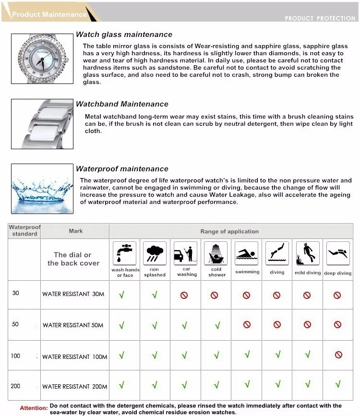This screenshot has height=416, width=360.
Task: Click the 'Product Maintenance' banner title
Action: (x=49, y=14)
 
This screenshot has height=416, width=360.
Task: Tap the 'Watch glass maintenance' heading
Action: (x=124, y=35)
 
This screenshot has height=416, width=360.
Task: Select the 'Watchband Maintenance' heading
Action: (x=122, y=104)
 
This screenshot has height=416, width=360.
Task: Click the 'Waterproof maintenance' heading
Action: (x=122, y=169)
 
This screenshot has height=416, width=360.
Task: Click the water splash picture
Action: (x=42, y=189)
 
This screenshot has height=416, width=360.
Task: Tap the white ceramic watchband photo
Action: (x=42, y=123)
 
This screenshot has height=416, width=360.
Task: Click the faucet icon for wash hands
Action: (x=125, y=253)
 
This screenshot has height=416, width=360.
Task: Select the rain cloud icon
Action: (x=155, y=253)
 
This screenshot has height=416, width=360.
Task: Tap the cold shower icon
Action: (x=216, y=253)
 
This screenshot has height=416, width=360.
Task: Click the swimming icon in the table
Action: (x=247, y=253)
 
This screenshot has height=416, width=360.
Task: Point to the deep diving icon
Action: (x=337, y=253)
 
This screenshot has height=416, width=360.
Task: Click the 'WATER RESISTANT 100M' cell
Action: (x=75, y=357)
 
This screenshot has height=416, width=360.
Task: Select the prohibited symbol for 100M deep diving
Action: (x=338, y=355)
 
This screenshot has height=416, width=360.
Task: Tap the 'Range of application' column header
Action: (x=229, y=231)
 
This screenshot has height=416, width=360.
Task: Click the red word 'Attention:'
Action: (x=34, y=408)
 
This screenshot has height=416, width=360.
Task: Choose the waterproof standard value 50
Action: (x=15, y=324)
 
